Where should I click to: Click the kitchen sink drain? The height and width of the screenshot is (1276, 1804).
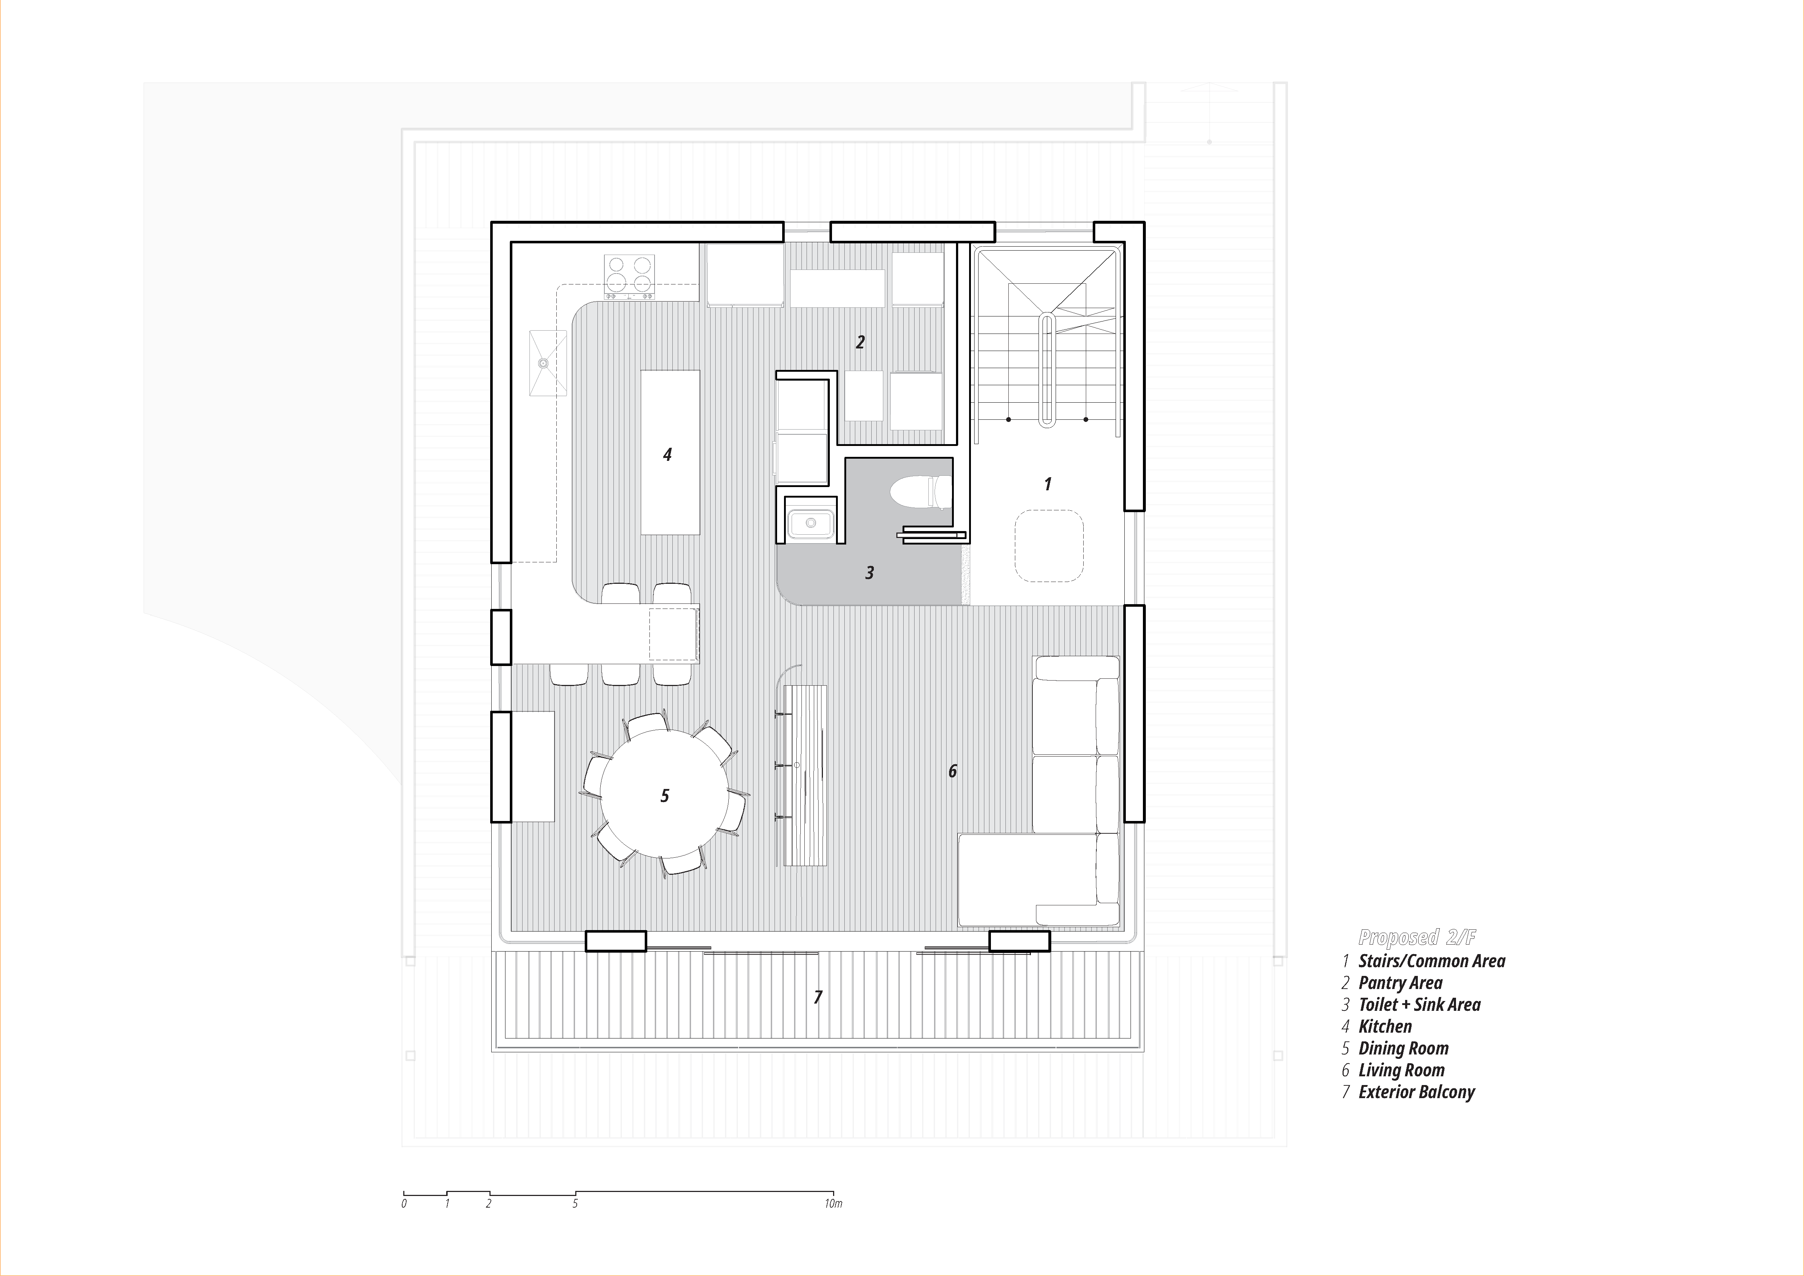pos(542,363)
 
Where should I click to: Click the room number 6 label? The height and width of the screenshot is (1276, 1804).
pos(952,771)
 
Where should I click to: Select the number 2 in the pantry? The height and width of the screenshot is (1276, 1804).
pos(860,342)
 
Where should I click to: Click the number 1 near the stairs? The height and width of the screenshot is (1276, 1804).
pos(1047,484)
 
